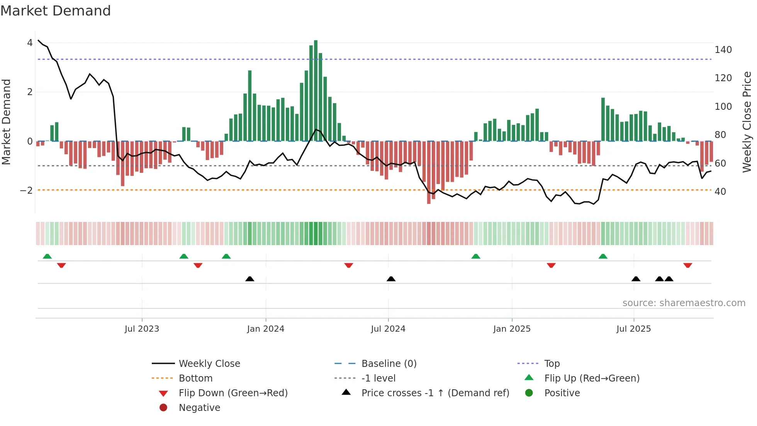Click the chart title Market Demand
(x=56, y=10)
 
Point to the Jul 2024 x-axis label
(x=388, y=329)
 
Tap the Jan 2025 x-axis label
(x=512, y=329)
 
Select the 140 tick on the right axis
(x=723, y=50)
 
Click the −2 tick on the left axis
(x=26, y=190)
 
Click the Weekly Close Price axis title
(x=747, y=122)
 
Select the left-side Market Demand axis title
(x=7, y=122)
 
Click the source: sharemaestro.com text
(x=684, y=303)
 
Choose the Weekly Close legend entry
(x=209, y=364)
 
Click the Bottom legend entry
(x=195, y=378)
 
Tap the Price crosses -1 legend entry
(x=435, y=393)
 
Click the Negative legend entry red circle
(x=163, y=408)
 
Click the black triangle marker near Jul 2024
(x=391, y=279)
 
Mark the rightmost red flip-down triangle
(x=687, y=265)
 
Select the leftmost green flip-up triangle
(x=47, y=256)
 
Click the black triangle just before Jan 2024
(x=250, y=279)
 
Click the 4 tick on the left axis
(x=30, y=43)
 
